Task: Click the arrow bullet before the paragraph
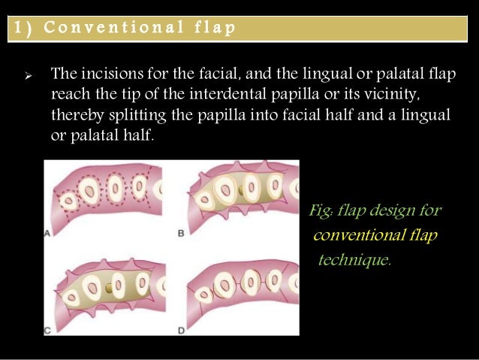pyautogui.click(x=27, y=77)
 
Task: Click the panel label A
pyautogui.click(x=48, y=233)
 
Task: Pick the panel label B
pyautogui.click(x=180, y=234)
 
